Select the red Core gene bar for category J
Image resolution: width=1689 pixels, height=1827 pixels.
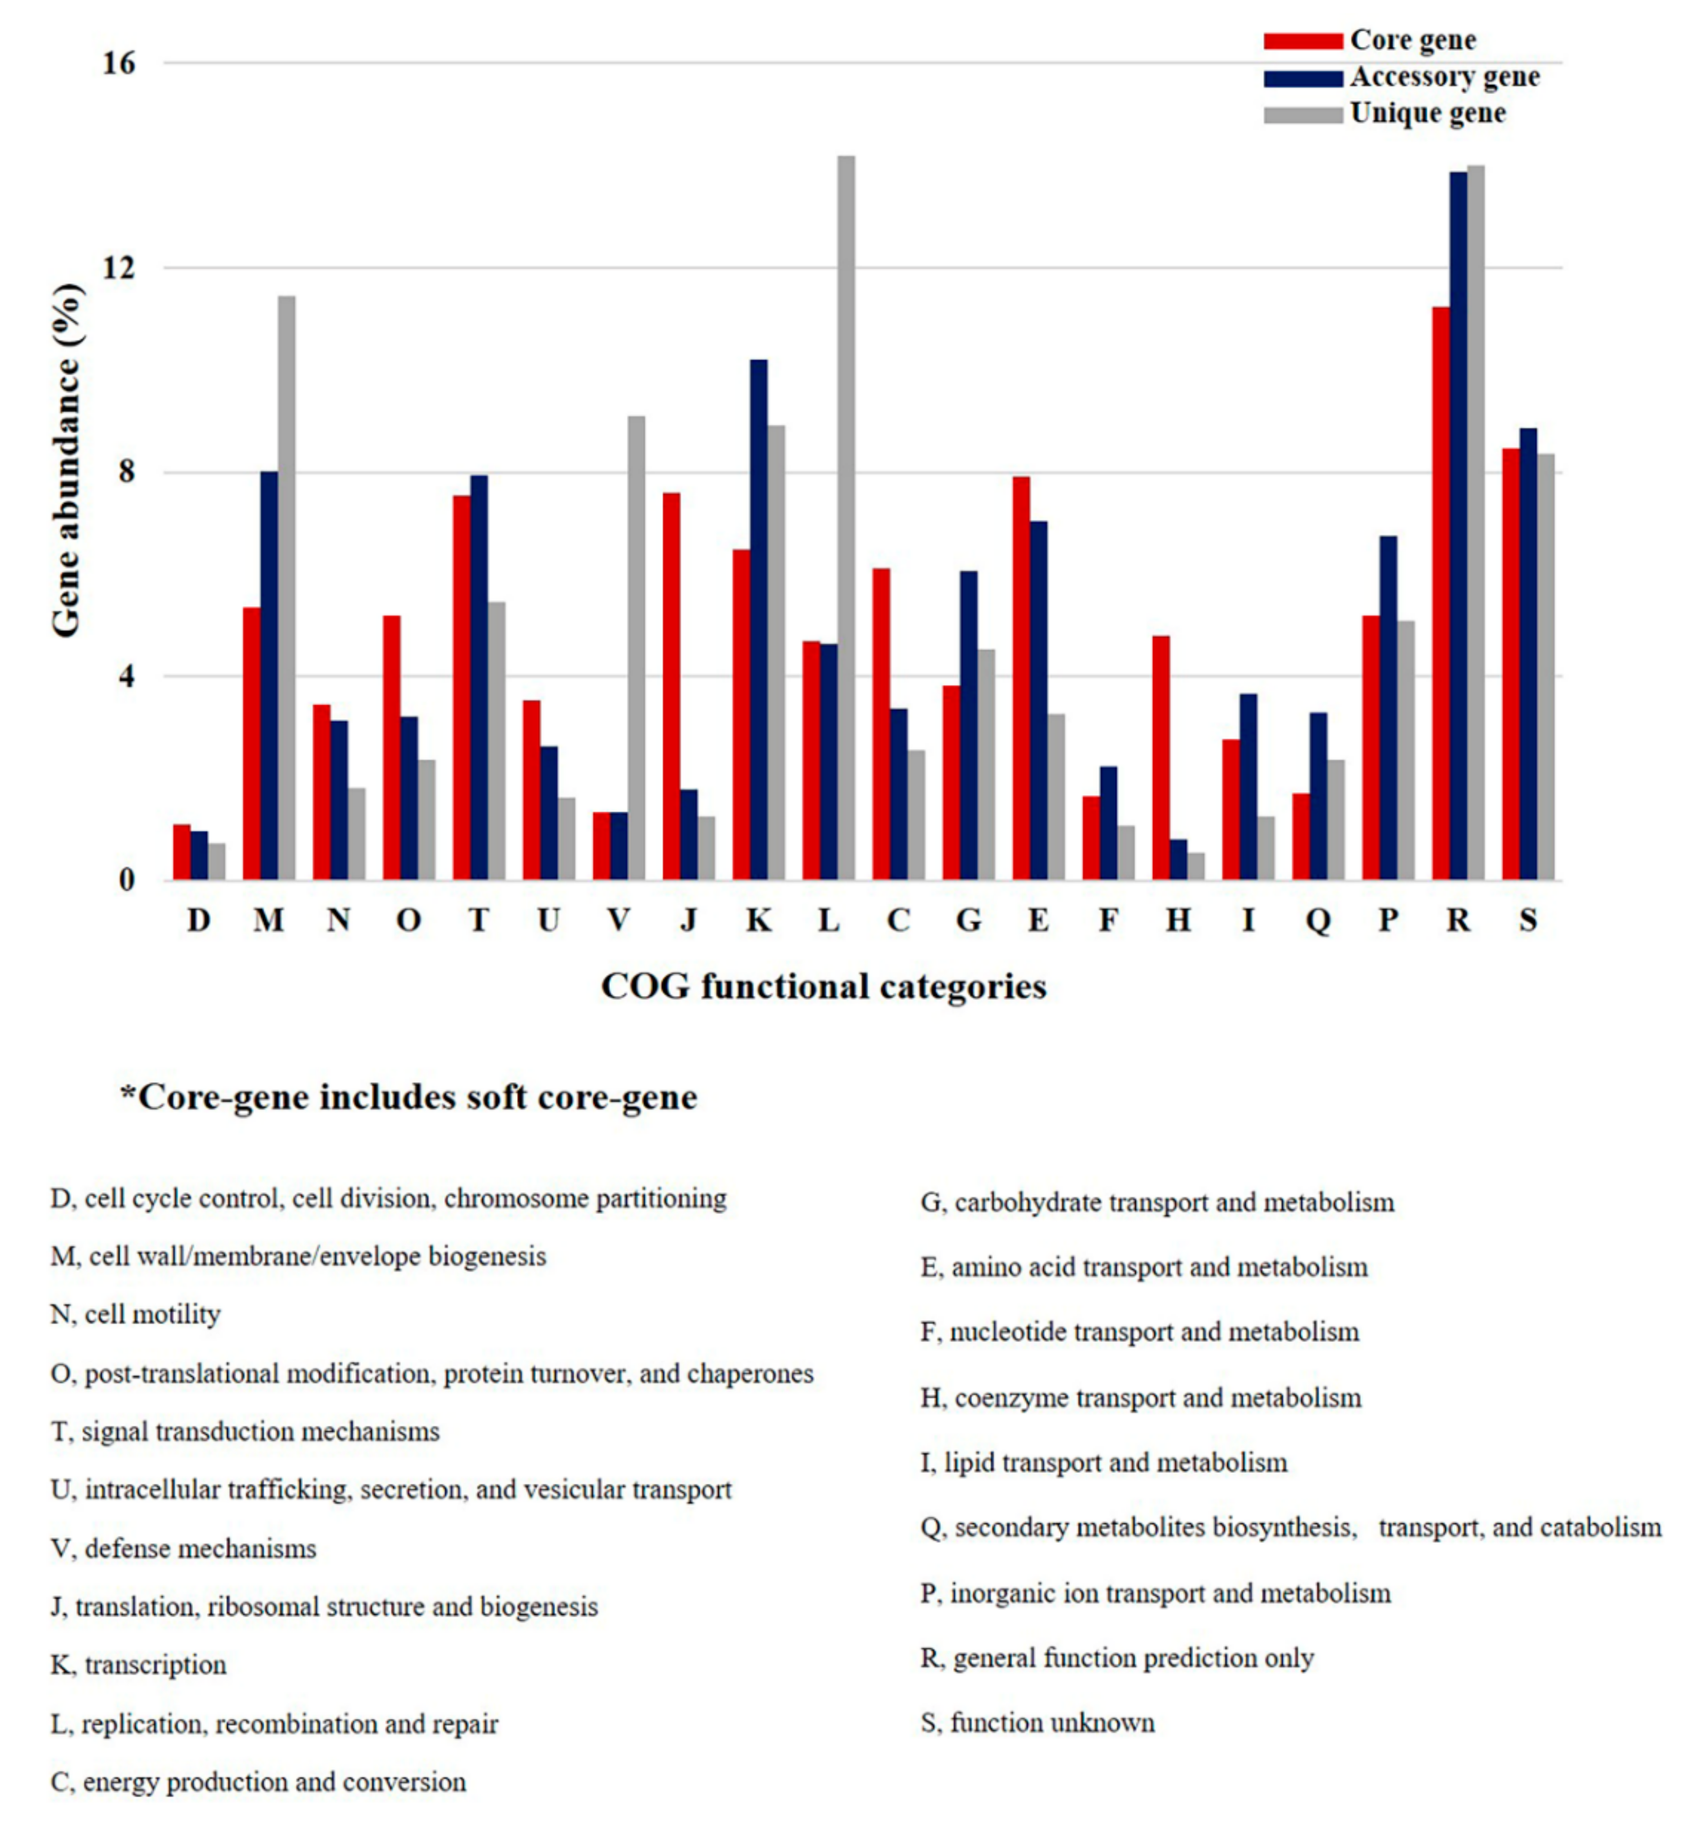pos(672,686)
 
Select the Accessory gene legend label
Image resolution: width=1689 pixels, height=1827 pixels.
pos(1444,77)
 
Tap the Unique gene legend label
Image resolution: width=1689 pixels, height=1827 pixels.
pos(1428,114)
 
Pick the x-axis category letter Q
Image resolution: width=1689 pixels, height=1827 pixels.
pos(1318,920)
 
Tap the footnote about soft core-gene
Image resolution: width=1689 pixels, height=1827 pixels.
pos(409,1096)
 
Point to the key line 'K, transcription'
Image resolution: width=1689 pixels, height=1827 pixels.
pos(139,1665)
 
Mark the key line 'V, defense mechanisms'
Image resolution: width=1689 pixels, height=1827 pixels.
pos(184,1548)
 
